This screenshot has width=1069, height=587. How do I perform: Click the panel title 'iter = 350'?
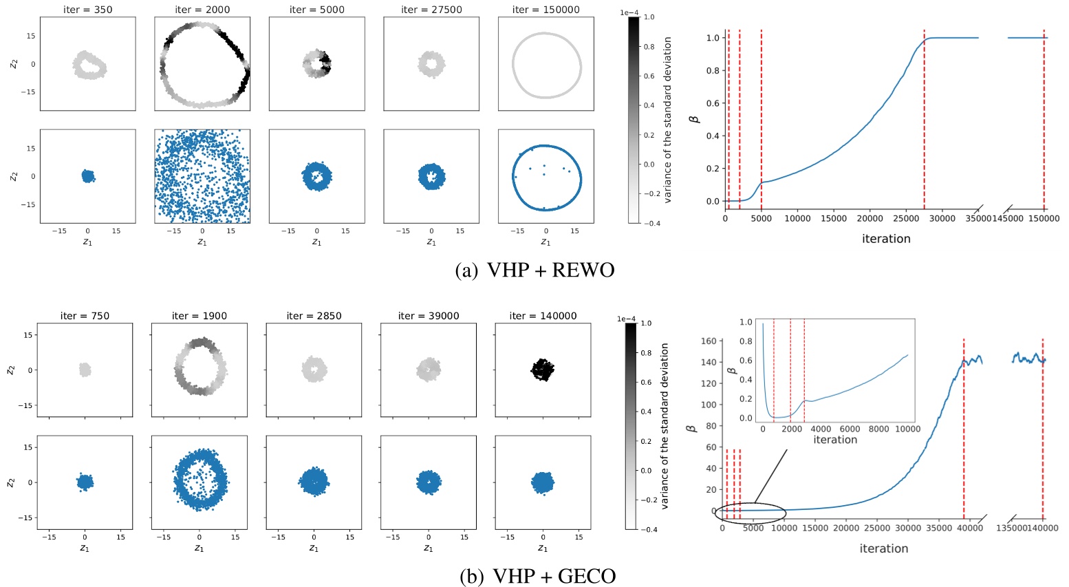[x=87, y=10]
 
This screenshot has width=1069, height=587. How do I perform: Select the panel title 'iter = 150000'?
[x=546, y=10]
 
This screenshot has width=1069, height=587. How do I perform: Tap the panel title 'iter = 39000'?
[x=429, y=316]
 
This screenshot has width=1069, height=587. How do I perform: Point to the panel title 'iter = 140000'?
[x=543, y=316]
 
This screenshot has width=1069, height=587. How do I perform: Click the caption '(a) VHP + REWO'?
[x=534, y=270]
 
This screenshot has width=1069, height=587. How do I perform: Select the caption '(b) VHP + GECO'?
[x=537, y=576]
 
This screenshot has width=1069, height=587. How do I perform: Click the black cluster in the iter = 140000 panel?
[x=543, y=370]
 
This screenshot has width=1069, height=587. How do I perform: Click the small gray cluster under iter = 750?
[x=85, y=370]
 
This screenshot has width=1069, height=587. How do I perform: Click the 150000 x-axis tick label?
[x=1044, y=219]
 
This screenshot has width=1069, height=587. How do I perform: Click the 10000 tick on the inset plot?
[x=907, y=429]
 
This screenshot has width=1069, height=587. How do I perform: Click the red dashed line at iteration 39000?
[x=964, y=427]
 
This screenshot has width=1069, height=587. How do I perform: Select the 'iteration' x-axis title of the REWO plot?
[x=886, y=239]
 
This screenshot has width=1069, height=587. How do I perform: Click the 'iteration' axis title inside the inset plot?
[x=835, y=440]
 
